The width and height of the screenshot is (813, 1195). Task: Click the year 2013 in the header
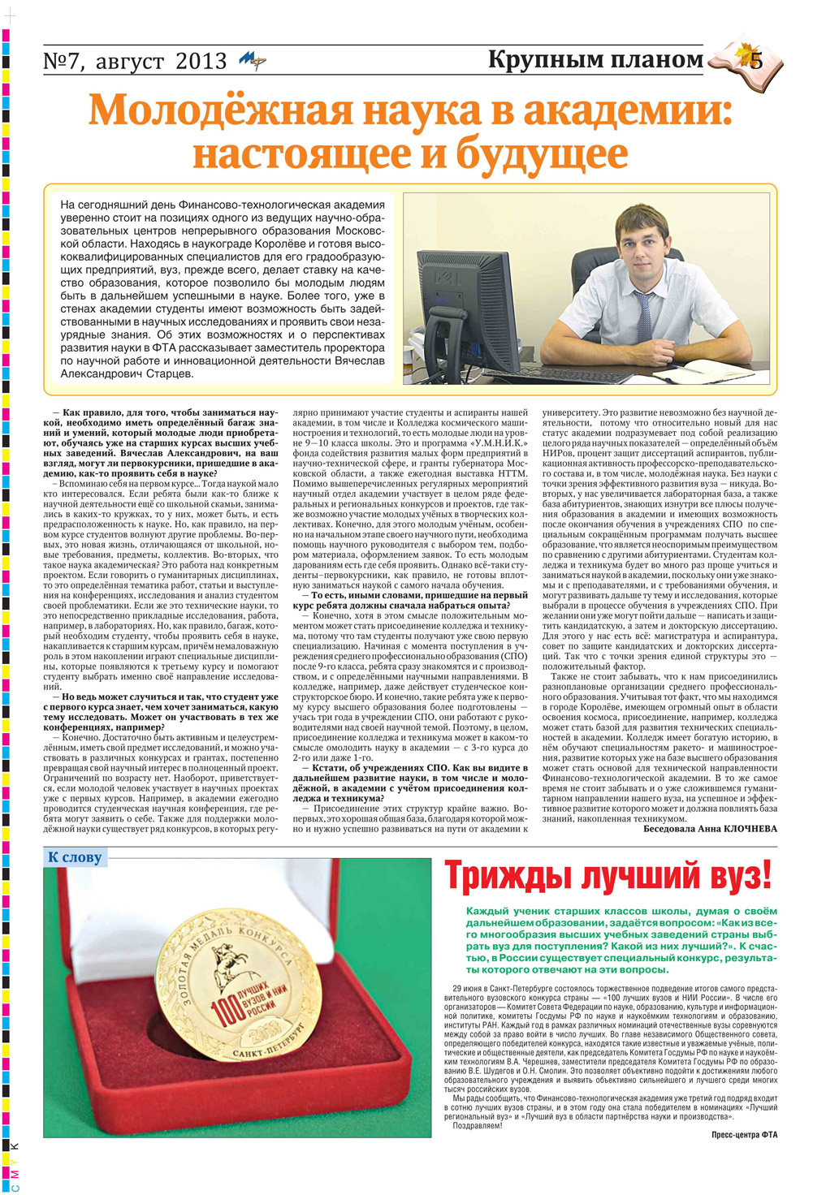pyautogui.click(x=200, y=61)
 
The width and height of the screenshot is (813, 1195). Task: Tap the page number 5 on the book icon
pyautogui.click(x=756, y=60)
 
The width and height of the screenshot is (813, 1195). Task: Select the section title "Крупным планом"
pyautogui.click(x=595, y=59)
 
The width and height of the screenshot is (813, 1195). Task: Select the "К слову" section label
pyautogui.click(x=75, y=857)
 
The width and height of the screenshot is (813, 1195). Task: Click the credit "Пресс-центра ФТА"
pyautogui.click(x=744, y=1135)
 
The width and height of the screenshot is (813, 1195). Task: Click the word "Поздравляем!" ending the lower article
pyautogui.click(x=478, y=1126)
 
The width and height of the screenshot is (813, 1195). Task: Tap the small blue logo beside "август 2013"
pyautogui.click(x=252, y=61)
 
